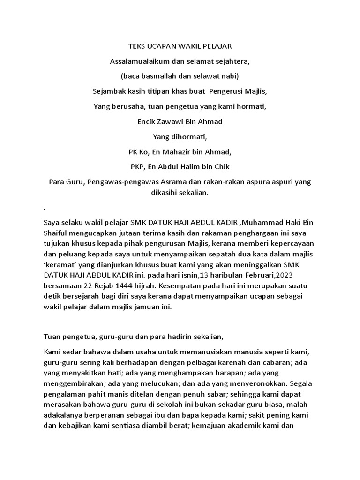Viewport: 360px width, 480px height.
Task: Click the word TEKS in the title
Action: pos(136,47)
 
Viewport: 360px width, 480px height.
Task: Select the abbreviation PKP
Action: pos(138,167)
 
